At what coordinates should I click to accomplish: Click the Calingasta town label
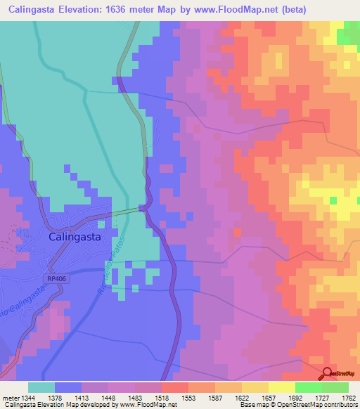[x=75, y=237]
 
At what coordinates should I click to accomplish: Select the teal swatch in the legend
[x=41, y=387]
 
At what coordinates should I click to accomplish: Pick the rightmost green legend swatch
[x=335, y=387]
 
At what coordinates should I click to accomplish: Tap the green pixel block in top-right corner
[x=347, y=37]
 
